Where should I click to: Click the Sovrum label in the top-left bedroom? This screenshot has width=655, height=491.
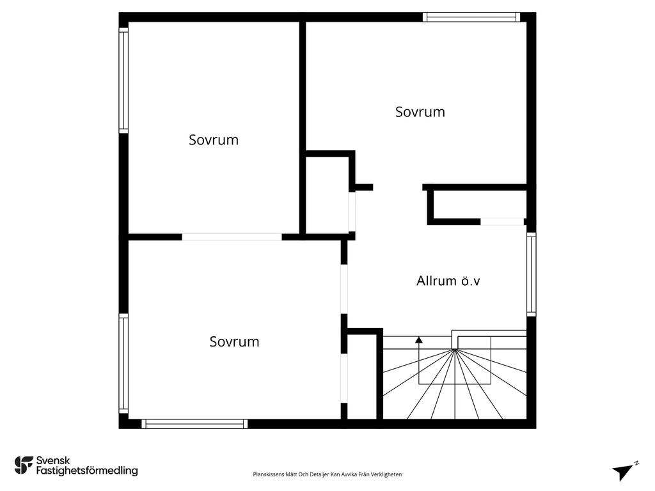pyautogui.click(x=213, y=139)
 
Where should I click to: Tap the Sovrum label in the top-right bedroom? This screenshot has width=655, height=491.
pyautogui.click(x=420, y=112)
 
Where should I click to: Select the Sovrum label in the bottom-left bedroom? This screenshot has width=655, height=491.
pyautogui.click(x=234, y=341)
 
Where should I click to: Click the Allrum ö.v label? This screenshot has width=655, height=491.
pyautogui.click(x=448, y=280)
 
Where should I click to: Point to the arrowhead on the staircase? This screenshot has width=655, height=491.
pyautogui.click(x=419, y=340)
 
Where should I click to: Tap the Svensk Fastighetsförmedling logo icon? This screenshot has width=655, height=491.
pyautogui.click(x=24, y=465)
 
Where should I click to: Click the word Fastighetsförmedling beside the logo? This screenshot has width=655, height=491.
pyautogui.click(x=86, y=471)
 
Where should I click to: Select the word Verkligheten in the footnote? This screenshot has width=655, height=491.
pyautogui.click(x=386, y=474)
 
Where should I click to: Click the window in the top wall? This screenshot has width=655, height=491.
pyautogui.click(x=471, y=17)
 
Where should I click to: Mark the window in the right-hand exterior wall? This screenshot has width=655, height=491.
pyautogui.click(x=531, y=274)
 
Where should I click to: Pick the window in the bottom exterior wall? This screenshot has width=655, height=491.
pyautogui.click(x=194, y=423)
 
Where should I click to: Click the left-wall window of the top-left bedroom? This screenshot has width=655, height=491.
pyautogui.click(x=123, y=80)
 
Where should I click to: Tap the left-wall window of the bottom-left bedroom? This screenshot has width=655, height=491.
pyautogui.click(x=123, y=363)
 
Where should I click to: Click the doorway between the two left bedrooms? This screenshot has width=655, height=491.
pyautogui.click(x=232, y=237)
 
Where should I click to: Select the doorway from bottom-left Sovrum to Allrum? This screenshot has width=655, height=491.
pyautogui.click(x=344, y=288)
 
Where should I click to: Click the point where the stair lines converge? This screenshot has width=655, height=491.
pyautogui.click(x=455, y=349)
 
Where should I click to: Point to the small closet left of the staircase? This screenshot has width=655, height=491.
pyautogui.click(x=363, y=377)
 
